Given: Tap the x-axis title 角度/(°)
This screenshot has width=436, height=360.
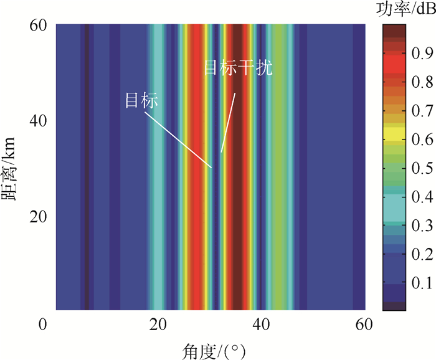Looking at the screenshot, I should (211, 346).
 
